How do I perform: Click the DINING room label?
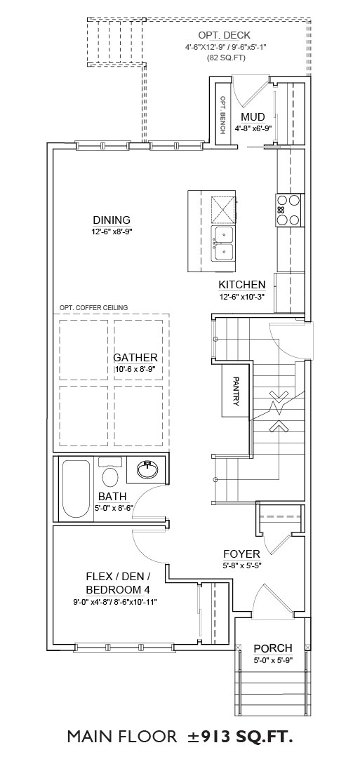click(x=112, y=220)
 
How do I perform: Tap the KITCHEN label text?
click(x=241, y=285)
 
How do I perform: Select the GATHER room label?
click(x=135, y=358)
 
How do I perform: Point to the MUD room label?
click(x=253, y=117)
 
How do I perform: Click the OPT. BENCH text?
click(x=222, y=115)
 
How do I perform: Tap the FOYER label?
click(x=241, y=554)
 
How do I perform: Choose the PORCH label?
click(x=273, y=648)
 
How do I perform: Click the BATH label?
click(x=112, y=497)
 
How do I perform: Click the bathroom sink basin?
click(x=147, y=469)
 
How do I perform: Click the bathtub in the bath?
click(x=76, y=488)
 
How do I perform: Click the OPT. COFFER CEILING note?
click(x=93, y=307)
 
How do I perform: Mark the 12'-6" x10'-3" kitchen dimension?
click(x=242, y=296)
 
